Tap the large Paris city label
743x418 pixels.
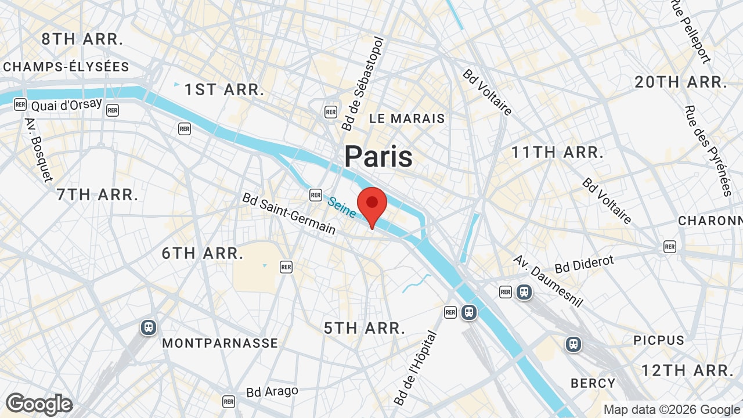pos(378,157)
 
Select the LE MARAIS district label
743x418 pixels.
pos(407,118)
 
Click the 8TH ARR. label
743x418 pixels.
pos(82,39)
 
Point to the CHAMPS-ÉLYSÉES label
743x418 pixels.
pos(66,67)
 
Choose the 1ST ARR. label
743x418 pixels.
pos(225,90)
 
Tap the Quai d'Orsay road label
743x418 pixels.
pos(66,105)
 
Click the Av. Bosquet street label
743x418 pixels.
pos(39,150)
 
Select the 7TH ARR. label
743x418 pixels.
pos(98,194)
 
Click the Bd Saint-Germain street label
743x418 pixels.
pos(289,214)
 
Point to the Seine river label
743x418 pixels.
pos(341,207)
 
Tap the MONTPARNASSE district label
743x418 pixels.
pos(220,343)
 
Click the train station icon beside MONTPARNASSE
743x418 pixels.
pos(149,327)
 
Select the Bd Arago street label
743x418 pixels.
pos(272,392)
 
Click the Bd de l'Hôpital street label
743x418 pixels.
pos(415,367)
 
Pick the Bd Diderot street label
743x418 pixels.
pos(584,264)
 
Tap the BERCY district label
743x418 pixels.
pos(593,383)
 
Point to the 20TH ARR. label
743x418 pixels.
pos(681,82)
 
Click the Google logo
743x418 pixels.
pos(39,404)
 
